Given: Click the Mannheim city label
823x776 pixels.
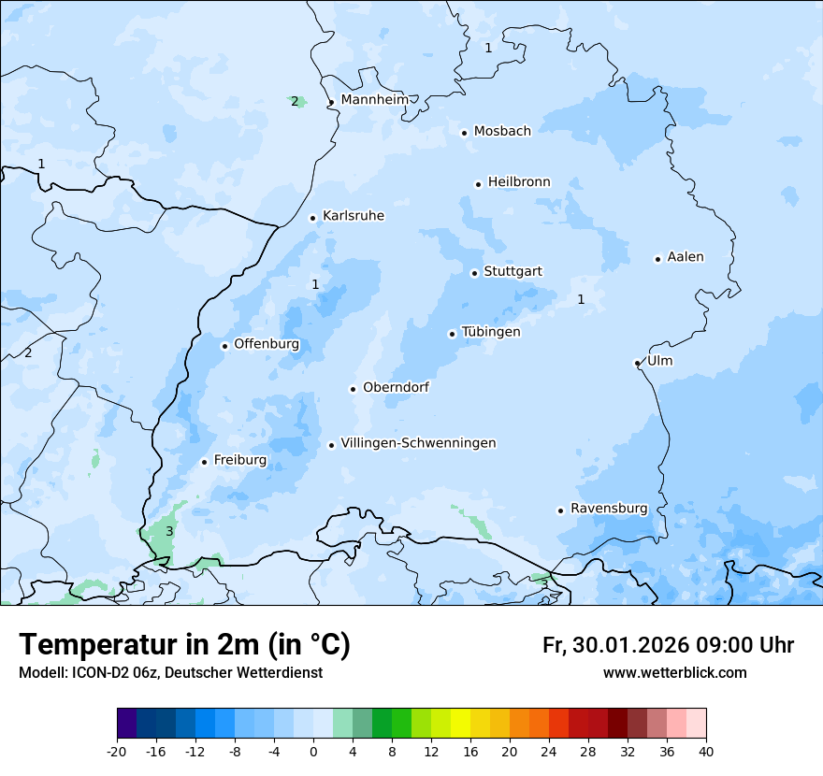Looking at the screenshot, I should coord(374,99).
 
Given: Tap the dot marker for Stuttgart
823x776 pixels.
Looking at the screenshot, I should coord(474,273).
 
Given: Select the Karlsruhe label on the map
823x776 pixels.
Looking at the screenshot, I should coord(353,216).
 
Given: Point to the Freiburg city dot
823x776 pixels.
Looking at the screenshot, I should coord(204,462).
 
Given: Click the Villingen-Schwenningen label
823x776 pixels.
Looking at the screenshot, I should coord(418,443).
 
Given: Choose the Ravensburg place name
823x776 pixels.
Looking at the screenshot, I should coord(608,509).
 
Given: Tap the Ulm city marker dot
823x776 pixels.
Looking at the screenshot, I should coord(637,363).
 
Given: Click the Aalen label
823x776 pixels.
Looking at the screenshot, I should coord(686,257).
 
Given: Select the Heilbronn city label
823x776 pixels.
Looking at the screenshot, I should coord(519,182).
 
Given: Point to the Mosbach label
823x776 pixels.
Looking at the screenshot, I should coord(502,132).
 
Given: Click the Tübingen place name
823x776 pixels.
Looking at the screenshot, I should coord(491,332).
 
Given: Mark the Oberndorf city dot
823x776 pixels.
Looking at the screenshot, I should coord(353,389).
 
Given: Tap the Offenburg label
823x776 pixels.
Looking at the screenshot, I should coord(267,344).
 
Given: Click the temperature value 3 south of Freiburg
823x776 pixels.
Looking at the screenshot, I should coord(169,531).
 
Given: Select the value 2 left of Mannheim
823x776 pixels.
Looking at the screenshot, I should coord(295,101).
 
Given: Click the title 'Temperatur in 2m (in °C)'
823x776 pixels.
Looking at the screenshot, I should coord(184,644).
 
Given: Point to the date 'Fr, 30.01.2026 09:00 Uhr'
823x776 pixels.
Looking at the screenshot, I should coord(668,645).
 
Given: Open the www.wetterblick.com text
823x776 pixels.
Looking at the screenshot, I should coord(674,672).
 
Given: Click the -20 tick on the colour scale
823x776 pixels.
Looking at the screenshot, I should coord(117,751).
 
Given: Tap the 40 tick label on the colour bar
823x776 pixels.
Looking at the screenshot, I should coord(706,751).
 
